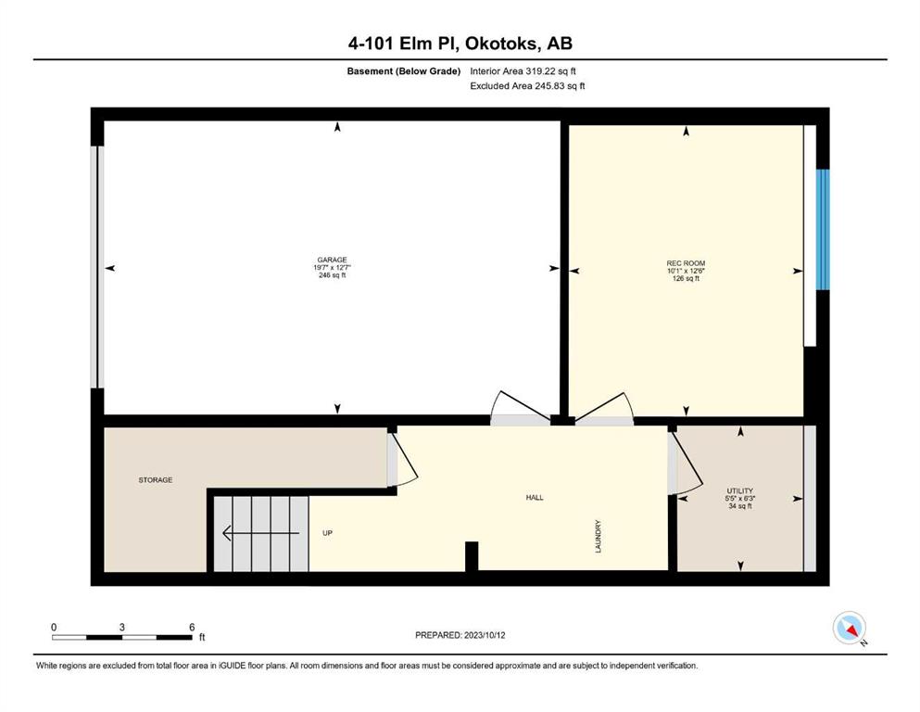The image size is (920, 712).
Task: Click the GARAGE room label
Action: (x=332, y=260)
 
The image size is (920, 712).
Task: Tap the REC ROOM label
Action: (x=686, y=263)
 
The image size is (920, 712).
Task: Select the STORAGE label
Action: (x=156, y=479)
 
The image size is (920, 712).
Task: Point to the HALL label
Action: (x=535, y=497)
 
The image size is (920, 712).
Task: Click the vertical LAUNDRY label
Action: (x=599, y=536)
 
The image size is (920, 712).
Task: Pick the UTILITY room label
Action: (x=740, y=490)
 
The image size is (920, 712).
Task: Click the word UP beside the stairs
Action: (x=327, y=533)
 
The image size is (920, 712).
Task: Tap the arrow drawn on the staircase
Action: (x=261, y=533)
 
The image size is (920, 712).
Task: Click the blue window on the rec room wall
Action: (x=824, y=230)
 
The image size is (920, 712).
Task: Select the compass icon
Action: (x=850, y=628)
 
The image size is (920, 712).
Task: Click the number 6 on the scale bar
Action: (x=192, y=627)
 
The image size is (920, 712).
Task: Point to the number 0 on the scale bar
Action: (x=54, y=627)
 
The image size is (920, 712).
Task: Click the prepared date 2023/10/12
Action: (x=485, y=635)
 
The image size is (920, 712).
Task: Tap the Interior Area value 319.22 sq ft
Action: (x=550, y=71)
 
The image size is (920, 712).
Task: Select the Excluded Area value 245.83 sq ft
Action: (x=560, y=85)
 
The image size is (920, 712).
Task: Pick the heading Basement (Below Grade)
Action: (x=404, y=71)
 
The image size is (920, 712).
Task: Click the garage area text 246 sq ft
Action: (x=332, y=274)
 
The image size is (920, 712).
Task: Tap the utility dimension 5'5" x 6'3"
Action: (x=740, y=499)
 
